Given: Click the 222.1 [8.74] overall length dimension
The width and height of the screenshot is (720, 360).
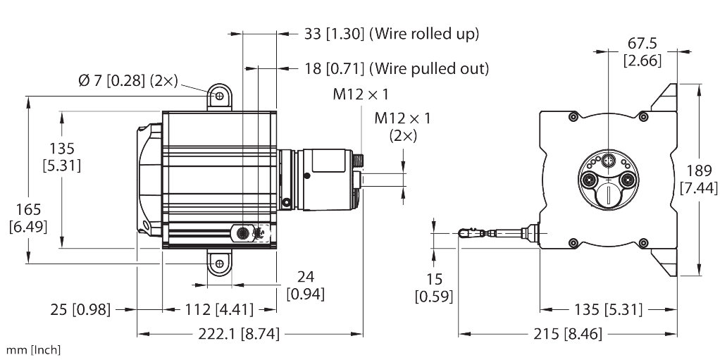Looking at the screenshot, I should click(x=241, y=335).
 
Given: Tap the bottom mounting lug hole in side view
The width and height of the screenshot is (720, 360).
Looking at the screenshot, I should click(x=219, y=263).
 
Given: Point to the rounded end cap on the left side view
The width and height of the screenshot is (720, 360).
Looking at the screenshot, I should click(x=147, y=179).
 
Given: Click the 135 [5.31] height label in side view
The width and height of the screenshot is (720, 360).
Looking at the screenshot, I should click(x=61, y=157).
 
